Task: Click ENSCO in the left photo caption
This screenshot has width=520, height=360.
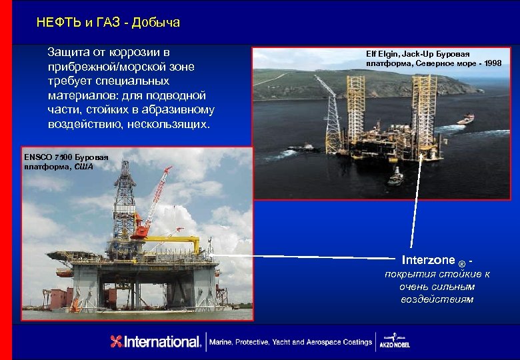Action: coord(41,157)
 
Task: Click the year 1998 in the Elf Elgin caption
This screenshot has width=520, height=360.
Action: coord(493,63)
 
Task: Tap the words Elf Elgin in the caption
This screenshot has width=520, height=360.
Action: coord(382,53)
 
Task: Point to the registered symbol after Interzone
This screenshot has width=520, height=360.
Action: coord(462,263)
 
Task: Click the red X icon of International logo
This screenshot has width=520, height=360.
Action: coord(117,341)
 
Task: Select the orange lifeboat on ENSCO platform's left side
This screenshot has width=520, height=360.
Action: coord(65,272)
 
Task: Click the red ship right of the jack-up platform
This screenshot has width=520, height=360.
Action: coord(465,119)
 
